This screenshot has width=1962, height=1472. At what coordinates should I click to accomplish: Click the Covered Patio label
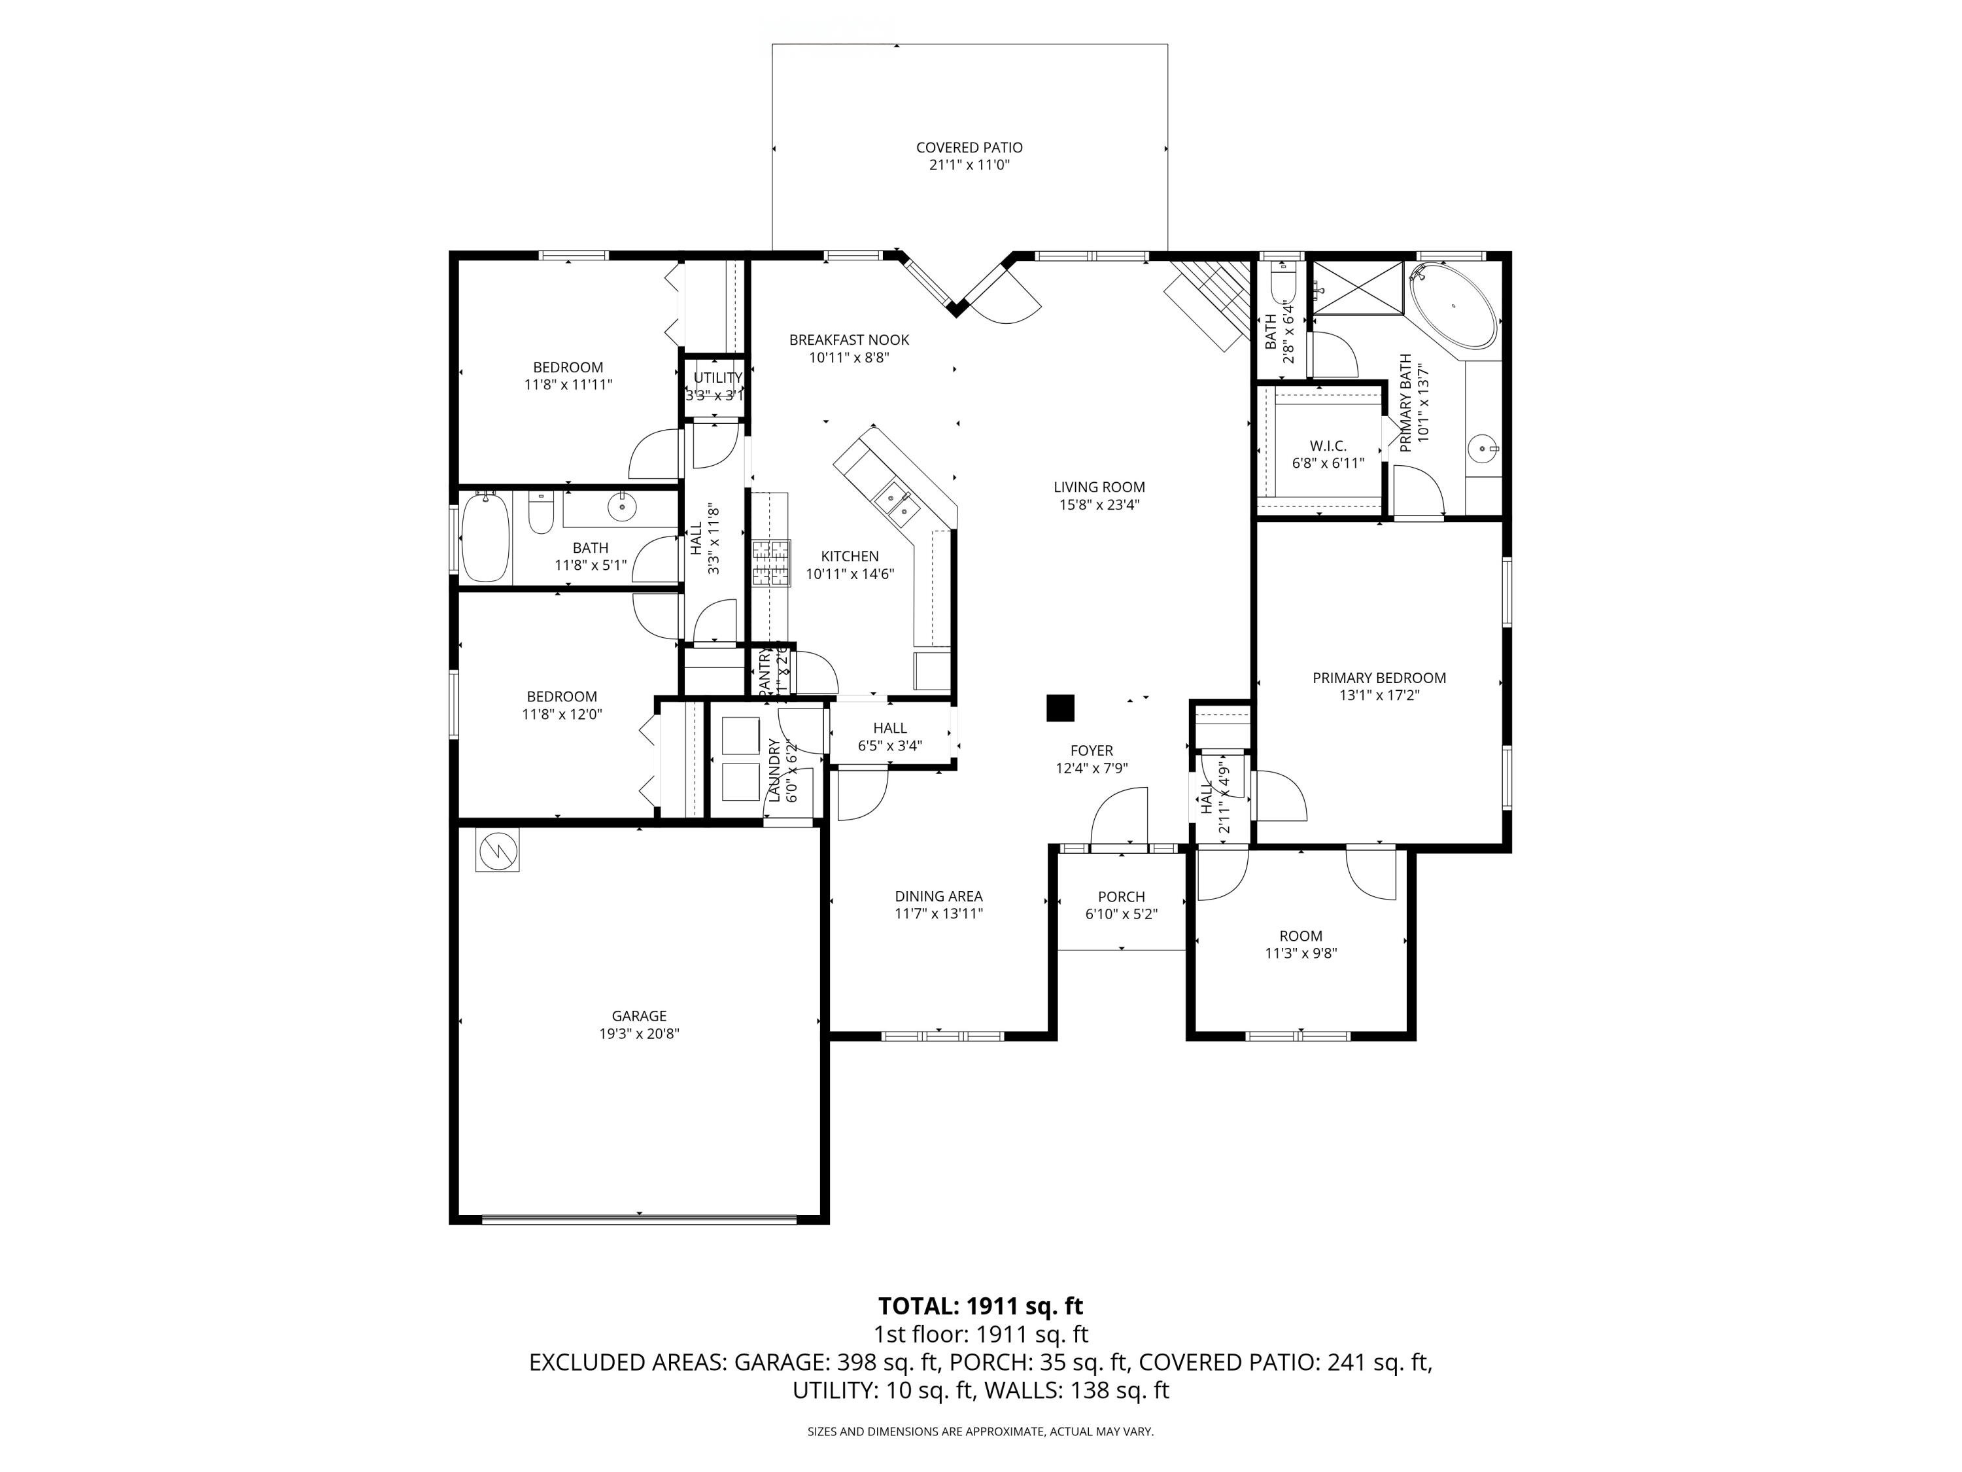click(x=969, y=148)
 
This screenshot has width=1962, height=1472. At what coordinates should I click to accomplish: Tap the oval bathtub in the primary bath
click(x=1453, y=306)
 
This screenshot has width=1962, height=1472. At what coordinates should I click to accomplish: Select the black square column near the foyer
click(x=1060, y=707)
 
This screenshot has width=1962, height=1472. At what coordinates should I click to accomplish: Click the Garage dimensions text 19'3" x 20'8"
click(x=638, y=1034)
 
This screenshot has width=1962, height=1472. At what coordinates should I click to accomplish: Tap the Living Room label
click(x=1099, y=487)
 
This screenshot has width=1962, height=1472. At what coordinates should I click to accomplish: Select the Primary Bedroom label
click(x=1379, y=678)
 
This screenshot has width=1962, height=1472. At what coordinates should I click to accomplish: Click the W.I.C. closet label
click(x=1327, y=446)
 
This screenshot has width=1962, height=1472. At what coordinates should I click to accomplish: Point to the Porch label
click(x=1121, y=897)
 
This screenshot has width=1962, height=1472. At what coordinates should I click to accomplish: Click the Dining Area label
click(x=938, y=896)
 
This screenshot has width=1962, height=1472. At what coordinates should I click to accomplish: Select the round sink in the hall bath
click(x=622, y=506)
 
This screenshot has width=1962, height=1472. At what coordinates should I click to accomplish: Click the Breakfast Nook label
click(x=849, y=340)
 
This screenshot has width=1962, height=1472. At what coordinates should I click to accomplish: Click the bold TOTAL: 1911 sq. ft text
click(x=980, y=1306)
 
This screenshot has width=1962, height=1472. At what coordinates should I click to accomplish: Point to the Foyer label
click(x=1091, y=750)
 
